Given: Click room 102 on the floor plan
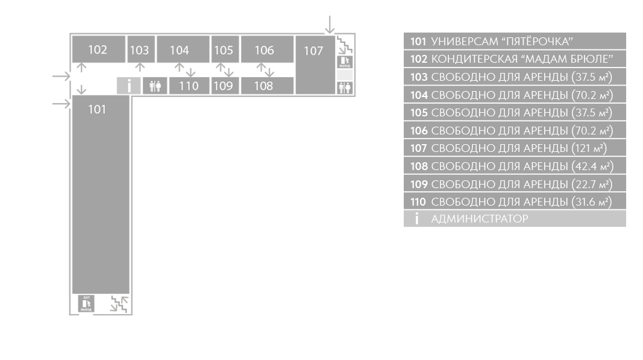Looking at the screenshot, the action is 99,49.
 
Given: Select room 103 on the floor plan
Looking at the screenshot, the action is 141,49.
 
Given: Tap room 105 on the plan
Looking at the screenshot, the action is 225,49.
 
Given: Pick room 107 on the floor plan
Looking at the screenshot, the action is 315,65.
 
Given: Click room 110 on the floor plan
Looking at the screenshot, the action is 189,86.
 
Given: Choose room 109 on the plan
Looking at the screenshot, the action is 225,86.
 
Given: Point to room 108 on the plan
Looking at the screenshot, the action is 267,86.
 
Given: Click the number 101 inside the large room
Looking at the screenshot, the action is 97,109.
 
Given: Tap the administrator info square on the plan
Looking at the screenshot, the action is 129,86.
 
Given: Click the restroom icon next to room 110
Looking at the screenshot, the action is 155,86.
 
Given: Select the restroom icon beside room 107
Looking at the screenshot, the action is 345,88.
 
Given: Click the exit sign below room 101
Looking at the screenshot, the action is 86,304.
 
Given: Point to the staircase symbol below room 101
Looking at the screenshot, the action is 119,304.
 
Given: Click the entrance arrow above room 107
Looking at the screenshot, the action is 330,25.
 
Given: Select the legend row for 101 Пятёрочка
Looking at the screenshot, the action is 515,41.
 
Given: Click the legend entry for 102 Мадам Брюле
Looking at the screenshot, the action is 515,58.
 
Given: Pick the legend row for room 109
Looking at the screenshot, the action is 515,184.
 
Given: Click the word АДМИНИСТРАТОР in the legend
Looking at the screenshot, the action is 479,219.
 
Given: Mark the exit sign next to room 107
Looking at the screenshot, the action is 345,62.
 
